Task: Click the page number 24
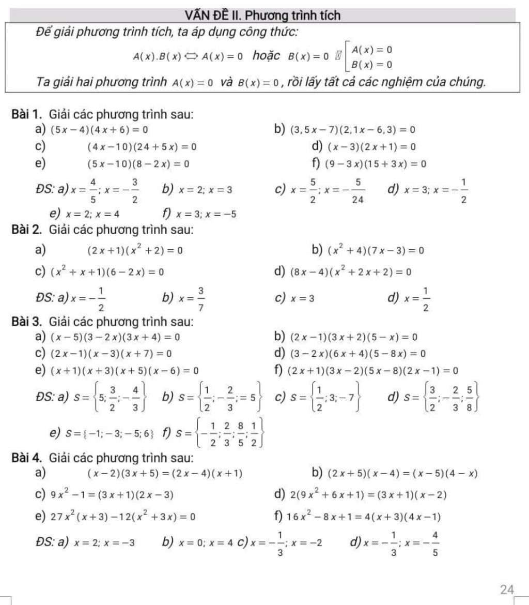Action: tap(507, 589)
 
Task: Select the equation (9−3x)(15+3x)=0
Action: tap(375, 164)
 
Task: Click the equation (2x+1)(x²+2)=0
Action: tap(135, 251)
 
